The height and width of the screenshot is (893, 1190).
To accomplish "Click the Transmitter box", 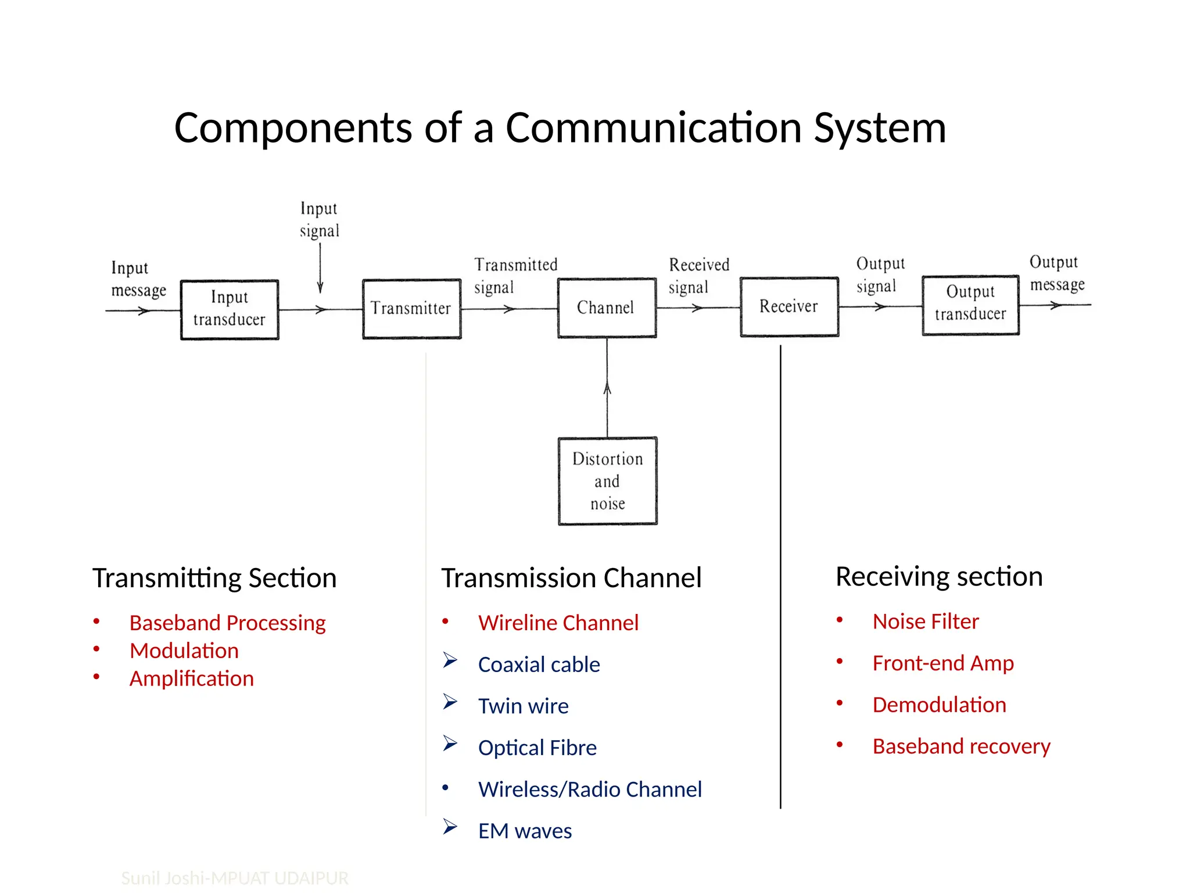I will tap(411, 309).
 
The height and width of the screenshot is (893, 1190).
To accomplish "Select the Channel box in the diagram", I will tap(607, 308).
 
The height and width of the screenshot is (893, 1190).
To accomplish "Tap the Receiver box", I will tap(789, 306).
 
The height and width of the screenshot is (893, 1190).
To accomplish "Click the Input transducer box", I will tap(230, 309).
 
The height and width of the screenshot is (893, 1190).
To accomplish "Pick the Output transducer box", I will tap(970, 305).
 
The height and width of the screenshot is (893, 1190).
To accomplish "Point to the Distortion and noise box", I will tap(608, 481).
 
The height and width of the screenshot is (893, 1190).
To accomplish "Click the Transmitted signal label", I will tap(515, 276).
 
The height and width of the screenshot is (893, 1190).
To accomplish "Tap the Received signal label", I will tap(698, 276).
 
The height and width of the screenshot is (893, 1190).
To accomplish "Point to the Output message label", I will tap(1056, 273).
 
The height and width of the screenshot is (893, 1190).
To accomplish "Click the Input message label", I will tap(138, 278).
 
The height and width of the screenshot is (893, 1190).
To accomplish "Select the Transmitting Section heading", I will tap(214, 578).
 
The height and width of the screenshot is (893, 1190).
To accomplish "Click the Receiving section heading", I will tap(938, 576).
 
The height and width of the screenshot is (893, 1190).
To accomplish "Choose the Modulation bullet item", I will tap(184, 651).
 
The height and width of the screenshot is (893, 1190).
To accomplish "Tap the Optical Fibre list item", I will tap(537, 748).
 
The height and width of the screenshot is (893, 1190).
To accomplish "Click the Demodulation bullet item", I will tap(939, 705).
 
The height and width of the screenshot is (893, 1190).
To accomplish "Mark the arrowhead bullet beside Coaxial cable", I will tap(450, 660).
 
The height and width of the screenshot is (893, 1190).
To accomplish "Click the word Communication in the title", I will tap(654, 128).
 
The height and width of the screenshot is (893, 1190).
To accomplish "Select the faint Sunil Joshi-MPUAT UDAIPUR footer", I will tap(235, 877).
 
